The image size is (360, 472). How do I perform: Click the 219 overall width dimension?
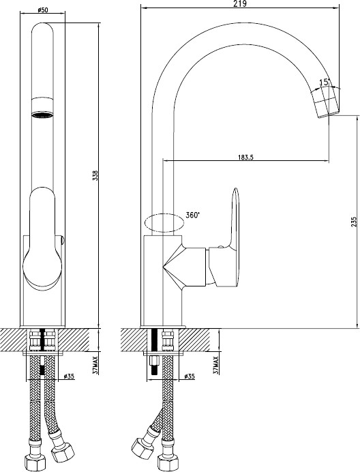tap(239, 3)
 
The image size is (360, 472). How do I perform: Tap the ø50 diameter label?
tap(42, 10)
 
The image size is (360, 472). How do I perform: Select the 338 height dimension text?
tap(95, 175)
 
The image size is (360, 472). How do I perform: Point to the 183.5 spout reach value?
tap(245, 157)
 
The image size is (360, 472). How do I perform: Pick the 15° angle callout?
tap(325, 82)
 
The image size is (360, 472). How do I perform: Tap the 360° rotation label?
tap(193, 215)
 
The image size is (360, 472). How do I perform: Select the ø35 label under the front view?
tap(69, 376)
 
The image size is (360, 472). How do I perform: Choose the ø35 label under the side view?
tap(190, 376)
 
